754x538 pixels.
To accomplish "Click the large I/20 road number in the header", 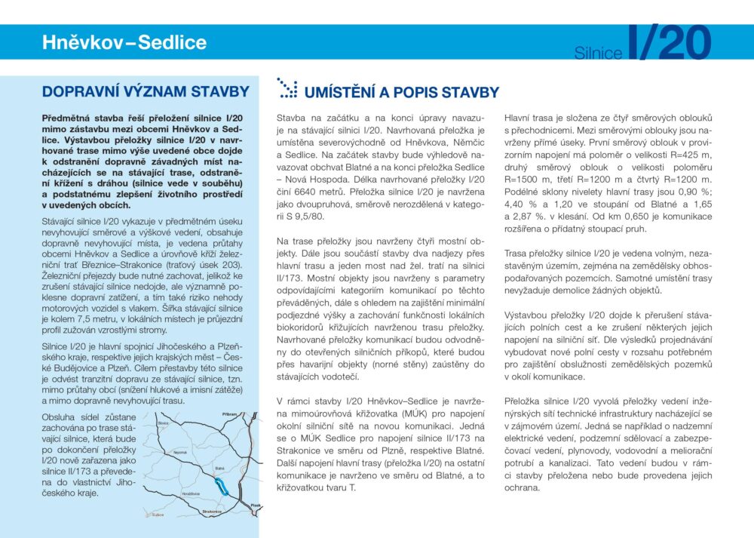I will [670, 43].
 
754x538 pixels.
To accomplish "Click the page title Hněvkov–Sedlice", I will [124, 42].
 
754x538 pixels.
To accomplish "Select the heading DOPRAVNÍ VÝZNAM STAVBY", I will [145, 92].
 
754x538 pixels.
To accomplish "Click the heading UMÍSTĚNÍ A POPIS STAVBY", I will [401, 93].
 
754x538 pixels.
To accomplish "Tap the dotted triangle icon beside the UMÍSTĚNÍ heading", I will [287, 88].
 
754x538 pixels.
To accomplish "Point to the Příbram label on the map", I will [231, 415].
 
